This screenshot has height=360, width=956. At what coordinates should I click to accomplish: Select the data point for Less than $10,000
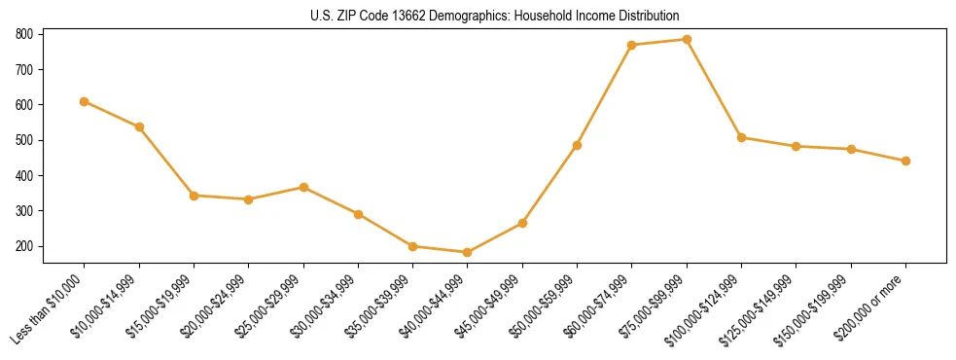(85, 101)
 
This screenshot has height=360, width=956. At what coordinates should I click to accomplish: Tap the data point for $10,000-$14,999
(139, 126)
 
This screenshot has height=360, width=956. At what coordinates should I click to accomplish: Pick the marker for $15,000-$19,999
(195, 196)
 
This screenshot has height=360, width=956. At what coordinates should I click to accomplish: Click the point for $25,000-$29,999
(304, 187)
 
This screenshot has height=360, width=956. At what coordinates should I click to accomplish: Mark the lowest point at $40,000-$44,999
(468, 252)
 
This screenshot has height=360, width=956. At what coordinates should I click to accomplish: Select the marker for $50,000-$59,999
(578, 145)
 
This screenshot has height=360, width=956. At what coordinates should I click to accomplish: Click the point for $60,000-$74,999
(632, 45)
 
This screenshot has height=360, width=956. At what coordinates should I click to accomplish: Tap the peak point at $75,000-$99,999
(687, 40)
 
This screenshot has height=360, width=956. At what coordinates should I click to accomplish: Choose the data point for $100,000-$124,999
(742, 137)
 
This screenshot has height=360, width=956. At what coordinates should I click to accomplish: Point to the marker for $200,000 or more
(906, 161)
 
